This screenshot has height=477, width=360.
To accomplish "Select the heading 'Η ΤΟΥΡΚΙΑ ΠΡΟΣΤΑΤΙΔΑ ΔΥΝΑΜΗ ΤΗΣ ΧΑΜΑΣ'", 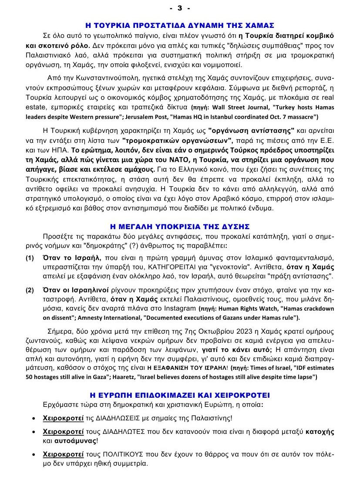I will (179, 25).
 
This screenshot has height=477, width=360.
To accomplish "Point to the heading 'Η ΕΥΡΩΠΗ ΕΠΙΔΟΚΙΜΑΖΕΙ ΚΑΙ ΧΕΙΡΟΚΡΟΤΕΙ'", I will (179, 395).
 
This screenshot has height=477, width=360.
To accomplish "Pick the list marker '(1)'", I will (30, 258).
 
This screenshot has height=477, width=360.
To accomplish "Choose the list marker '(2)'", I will (30, 290).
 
